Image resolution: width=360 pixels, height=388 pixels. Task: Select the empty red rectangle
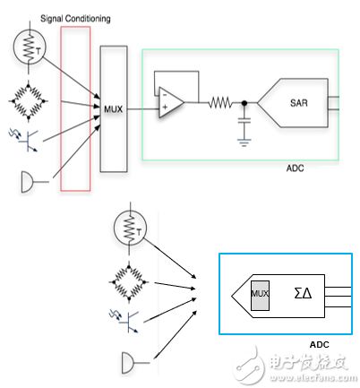[x=74, y=108]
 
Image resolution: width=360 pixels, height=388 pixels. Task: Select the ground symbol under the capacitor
[x=242, y=140]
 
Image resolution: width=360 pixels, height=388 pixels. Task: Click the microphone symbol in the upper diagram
[x=27, y=182]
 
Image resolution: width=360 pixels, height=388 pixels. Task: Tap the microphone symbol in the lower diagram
[x=131, y=362]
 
